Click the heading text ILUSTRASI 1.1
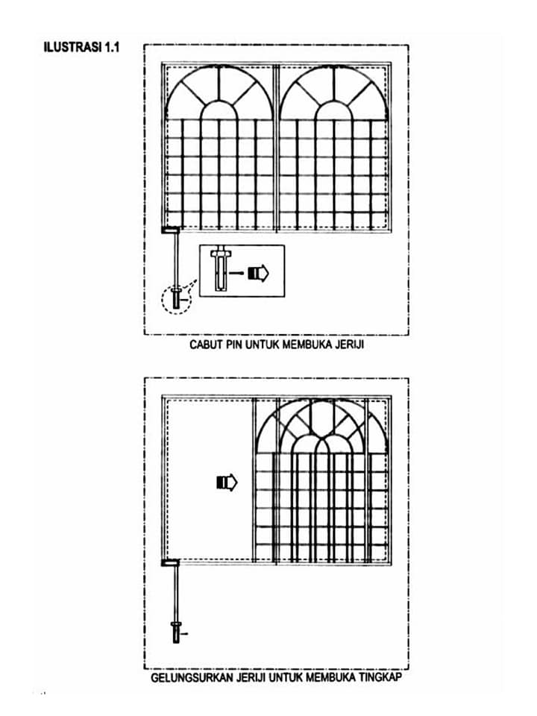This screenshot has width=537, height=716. coord(81,47)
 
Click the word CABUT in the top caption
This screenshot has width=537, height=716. coord(204,345)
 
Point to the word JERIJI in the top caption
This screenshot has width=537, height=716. coord(350,345)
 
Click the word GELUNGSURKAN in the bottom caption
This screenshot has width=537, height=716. coord(192,677)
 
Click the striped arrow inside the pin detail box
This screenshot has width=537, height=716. coord(259,273)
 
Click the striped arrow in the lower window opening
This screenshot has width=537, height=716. coord(227,483)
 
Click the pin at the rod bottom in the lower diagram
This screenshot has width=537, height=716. coord(176,632)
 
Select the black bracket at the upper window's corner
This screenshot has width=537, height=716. coord(171,230)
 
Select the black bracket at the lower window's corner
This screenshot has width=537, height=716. coord(171,562)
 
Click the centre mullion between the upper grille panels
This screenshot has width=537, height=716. coord(276,148)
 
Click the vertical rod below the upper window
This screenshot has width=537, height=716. coord(176,260)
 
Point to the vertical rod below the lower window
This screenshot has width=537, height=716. coord(176,594)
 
